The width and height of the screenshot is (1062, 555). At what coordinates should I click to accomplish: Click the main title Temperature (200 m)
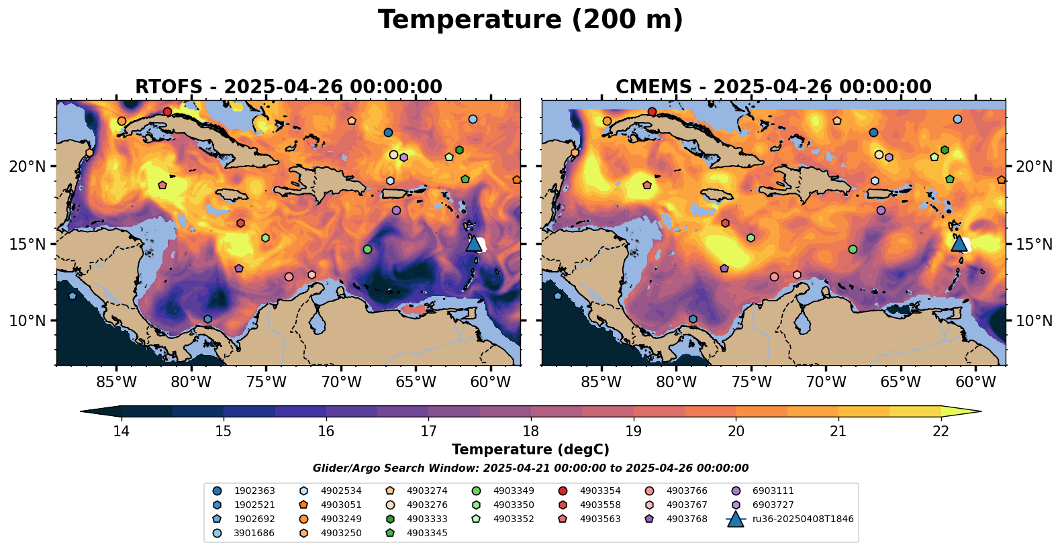530,20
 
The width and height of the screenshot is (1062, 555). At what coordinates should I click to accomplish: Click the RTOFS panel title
289,87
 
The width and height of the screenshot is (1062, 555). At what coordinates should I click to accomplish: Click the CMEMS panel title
773,87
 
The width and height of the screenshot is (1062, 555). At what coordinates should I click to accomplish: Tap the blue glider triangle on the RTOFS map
474,243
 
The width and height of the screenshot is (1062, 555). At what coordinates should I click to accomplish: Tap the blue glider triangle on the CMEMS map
959,243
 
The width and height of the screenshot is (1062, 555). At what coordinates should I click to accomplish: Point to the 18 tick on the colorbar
531,430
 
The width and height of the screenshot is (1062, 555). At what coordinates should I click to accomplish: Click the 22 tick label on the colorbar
941,431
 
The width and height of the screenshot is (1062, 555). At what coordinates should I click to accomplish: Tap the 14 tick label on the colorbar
121,431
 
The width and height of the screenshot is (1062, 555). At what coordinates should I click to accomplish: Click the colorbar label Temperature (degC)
530,450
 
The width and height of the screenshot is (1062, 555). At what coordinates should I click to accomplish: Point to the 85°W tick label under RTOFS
116,383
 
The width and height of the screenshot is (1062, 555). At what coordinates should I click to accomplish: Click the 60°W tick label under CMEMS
975,383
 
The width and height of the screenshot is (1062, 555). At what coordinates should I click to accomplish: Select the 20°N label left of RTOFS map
28,166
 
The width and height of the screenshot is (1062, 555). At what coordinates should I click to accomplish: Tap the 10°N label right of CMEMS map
1034,321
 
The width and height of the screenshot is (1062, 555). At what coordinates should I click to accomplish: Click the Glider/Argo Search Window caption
530,468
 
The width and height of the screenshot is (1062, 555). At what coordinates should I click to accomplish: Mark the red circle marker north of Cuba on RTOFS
167,111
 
